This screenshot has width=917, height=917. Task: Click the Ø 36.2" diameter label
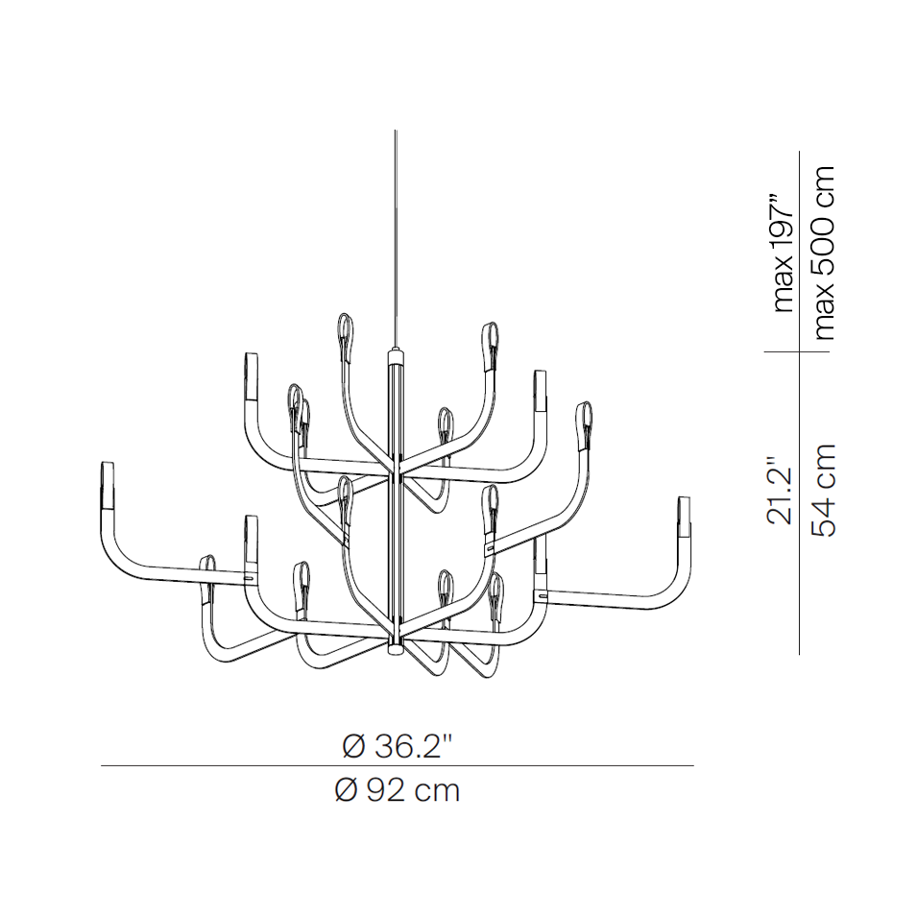pos(398,746)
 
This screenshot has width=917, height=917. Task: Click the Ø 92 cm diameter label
pos(398,790)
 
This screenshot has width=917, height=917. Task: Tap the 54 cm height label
pos(824,490)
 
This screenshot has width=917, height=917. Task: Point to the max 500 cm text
pos(824,253)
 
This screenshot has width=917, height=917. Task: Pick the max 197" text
pos(784,253)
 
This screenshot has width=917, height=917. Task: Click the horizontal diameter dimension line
pos(398,765)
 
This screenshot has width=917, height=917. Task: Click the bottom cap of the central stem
pos(396,647)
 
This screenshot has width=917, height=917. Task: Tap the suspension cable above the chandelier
pos(396,240)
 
